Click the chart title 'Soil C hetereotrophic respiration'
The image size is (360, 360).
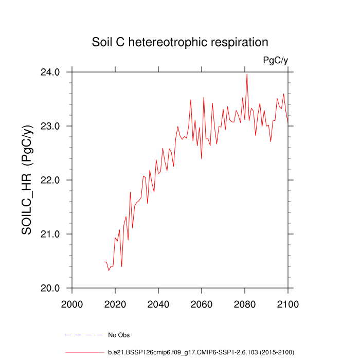coord(180,42)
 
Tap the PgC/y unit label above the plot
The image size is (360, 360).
coord(275,60)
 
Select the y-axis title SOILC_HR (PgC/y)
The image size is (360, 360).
coord(28,180)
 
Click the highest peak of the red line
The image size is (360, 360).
coord(247,74)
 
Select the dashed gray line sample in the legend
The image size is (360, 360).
coord(83,335)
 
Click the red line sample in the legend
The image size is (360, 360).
coord(83,352)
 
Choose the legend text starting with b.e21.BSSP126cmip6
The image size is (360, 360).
coord(201,352)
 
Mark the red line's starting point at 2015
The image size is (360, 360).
coord(104,262)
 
